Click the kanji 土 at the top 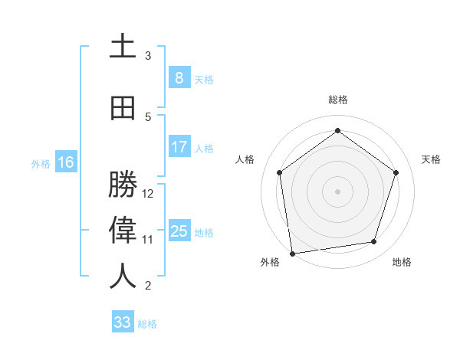[123, 47]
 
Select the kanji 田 [123, 108]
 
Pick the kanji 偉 [123, 231]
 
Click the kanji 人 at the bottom [123, 277]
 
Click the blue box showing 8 [179, 78]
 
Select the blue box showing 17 [179, 147]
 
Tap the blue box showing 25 [179, 231]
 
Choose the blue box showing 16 [66, 162]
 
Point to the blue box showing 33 [123, 322]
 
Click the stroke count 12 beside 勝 [149, 194]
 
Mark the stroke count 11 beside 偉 [149, 240]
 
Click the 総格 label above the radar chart [337, 100]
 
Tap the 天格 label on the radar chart [432, 159]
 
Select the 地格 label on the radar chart [402, 262]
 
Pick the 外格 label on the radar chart [270, 262]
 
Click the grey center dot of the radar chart [337, 191]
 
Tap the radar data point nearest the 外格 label [292, 253]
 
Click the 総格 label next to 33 [148, 324]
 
